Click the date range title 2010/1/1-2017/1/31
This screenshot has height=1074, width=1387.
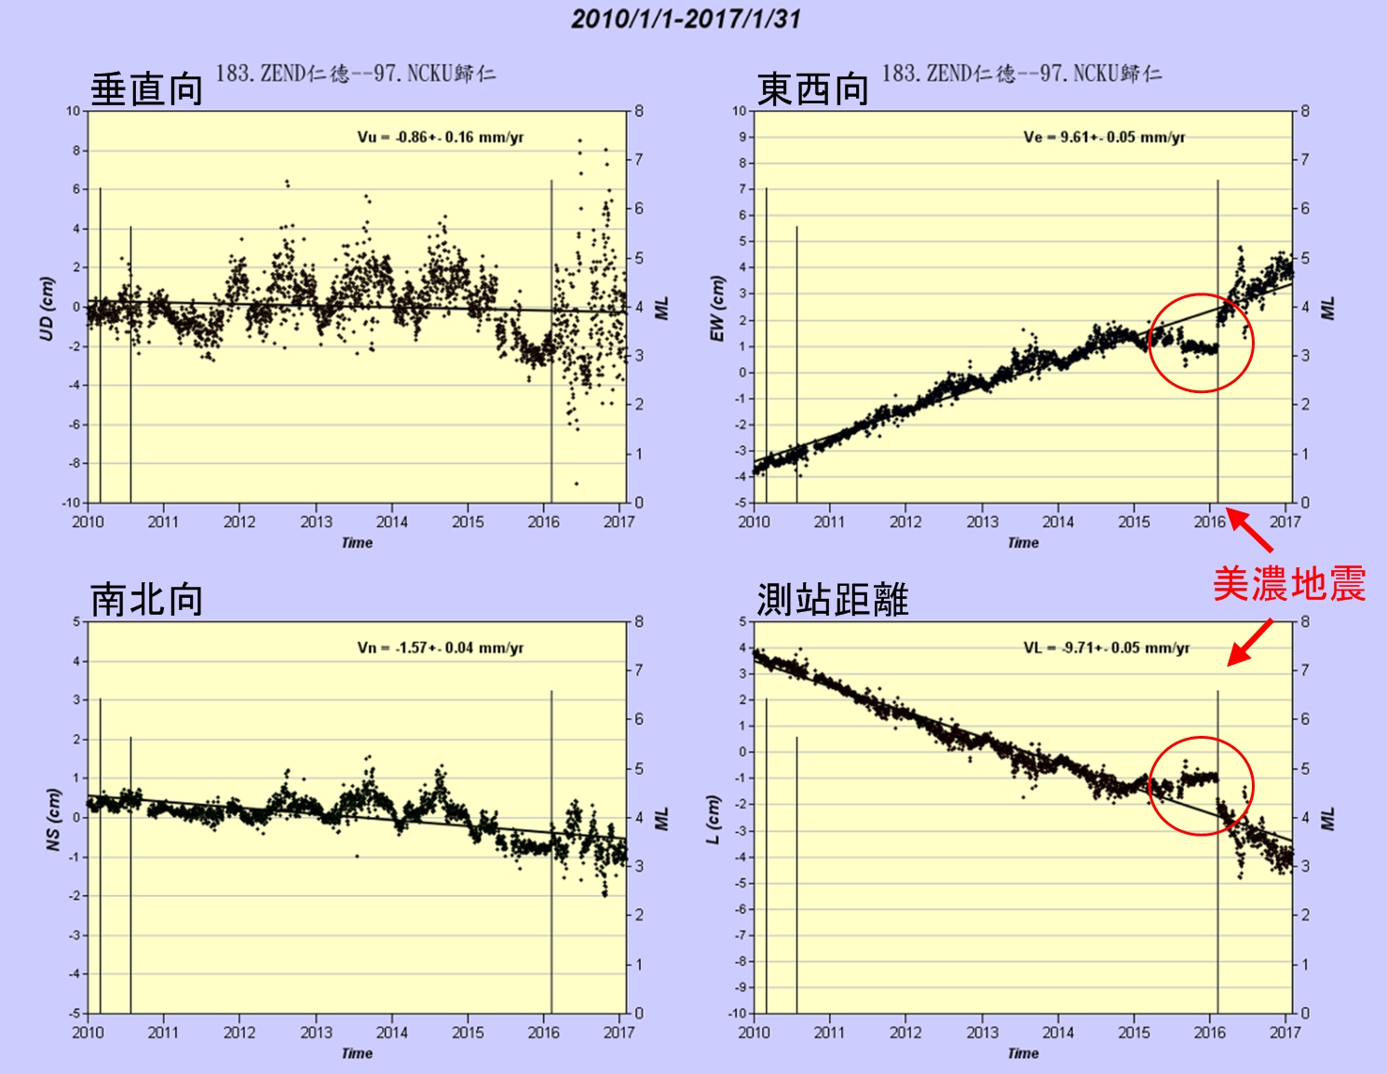[686, 19]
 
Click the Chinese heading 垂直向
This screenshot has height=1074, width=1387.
[146, 89]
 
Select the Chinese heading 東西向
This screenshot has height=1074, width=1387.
[812, 89]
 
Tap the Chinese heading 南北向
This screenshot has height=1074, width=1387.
[146, 599]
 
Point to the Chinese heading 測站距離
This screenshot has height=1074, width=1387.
[832, 599]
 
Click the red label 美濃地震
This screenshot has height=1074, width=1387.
[1288, 584]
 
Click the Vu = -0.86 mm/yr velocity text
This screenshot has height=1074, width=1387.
[441, 137]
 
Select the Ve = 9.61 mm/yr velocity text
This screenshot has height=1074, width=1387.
[1104, 137]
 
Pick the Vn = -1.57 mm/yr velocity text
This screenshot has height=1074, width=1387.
[441, 647]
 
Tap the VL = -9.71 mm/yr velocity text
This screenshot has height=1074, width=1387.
[1107, 647]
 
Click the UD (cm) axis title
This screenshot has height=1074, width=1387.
[47, 308]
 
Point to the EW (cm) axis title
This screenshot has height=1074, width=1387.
[716, 308]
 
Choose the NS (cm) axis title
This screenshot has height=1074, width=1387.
[53, 820]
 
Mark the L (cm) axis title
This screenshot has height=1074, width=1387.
[714, 820]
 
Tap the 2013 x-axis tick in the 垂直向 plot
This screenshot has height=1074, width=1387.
[316, 522]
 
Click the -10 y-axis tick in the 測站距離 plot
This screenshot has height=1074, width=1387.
[737, 1013]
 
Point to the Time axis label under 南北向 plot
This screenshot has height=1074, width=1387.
[357, 1054]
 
